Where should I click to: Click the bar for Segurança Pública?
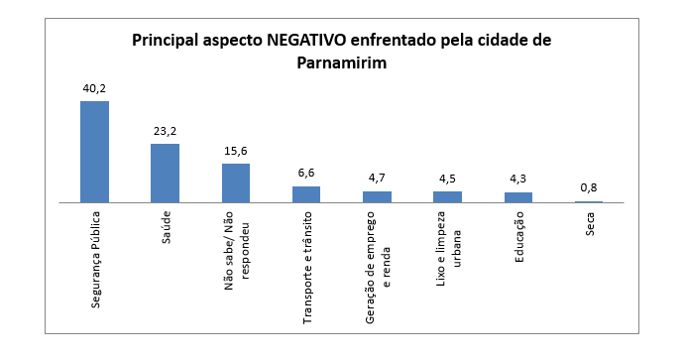[94, 152]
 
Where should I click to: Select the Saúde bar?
[166, 173]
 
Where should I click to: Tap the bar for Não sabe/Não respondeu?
[236, 183]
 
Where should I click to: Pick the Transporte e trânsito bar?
[306, 194]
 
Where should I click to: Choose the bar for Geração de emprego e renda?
[377, 197]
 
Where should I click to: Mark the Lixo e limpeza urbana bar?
[447, 197]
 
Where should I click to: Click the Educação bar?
[518, 197]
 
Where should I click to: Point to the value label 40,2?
[94, 88]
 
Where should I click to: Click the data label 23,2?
[166, 131]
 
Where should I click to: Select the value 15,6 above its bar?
[236, 151]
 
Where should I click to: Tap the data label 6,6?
[306, 173]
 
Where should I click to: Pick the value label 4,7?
[377, 178]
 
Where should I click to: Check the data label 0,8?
[589, 187]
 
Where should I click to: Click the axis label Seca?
[590, 224]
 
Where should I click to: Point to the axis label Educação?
[519, 237]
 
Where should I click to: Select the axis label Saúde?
[166, 227]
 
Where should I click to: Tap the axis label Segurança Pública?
[95, 260]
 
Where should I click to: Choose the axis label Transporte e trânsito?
[307, 268]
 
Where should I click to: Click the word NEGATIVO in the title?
[306, 41]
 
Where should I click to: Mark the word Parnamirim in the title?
[342, 62]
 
